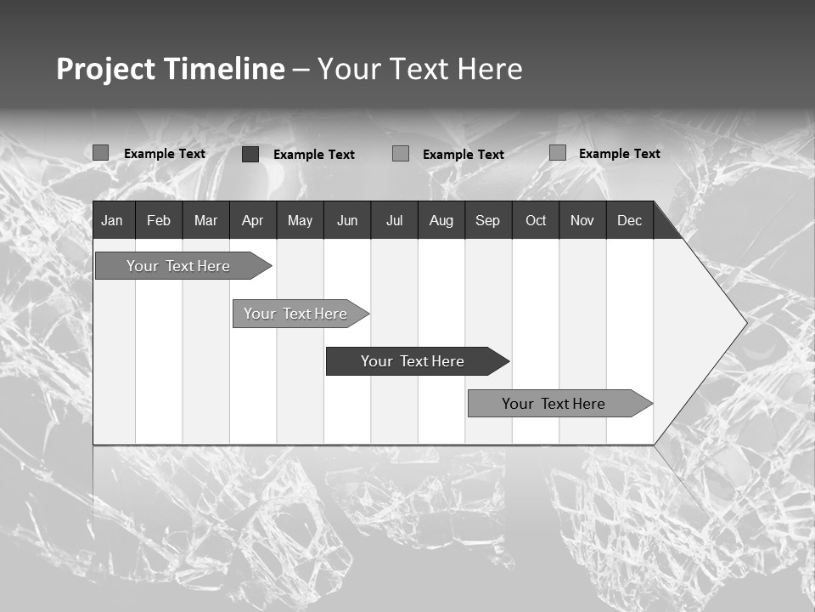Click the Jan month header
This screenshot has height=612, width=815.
(x=112, y=220)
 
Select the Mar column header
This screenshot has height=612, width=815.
(x=205, y=220)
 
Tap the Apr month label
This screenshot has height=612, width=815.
(x=252, y=220)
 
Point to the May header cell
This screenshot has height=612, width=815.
(x=300, y=220)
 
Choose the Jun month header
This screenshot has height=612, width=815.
(x=347, y=220)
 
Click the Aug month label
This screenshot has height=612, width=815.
(x=441, y=220)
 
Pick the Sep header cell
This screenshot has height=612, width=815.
(x=487, y=220)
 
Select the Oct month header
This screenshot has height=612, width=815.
(x=536, y=220)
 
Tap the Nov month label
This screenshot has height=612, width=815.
(x=582, y=220)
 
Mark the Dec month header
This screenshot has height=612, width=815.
(x=629, y=220)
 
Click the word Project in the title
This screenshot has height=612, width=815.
(x=106, y=69)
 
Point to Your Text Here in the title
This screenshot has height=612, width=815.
(x=419, y=69)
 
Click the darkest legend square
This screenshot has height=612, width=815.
(x=250, y=154)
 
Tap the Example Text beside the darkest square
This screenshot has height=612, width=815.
(x=313, y=154)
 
